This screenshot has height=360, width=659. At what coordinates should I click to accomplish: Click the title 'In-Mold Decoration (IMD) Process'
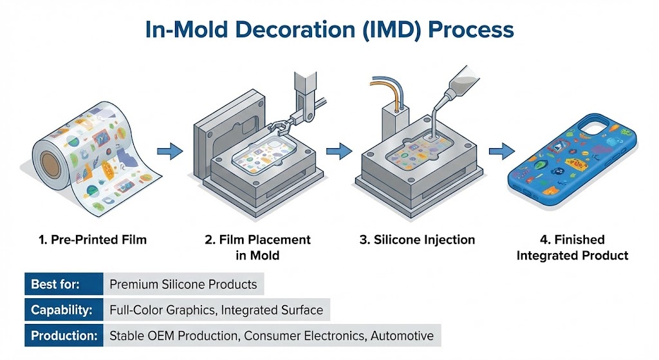329,30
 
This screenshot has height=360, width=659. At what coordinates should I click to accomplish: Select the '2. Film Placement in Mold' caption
257,247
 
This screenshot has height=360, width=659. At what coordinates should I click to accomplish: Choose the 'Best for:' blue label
63,284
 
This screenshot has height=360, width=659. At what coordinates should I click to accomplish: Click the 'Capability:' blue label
63,310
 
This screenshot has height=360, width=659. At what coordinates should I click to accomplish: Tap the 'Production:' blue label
63,336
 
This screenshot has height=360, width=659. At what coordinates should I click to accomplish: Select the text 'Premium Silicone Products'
183,284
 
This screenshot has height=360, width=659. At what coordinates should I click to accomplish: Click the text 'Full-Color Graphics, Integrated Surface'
216,310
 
